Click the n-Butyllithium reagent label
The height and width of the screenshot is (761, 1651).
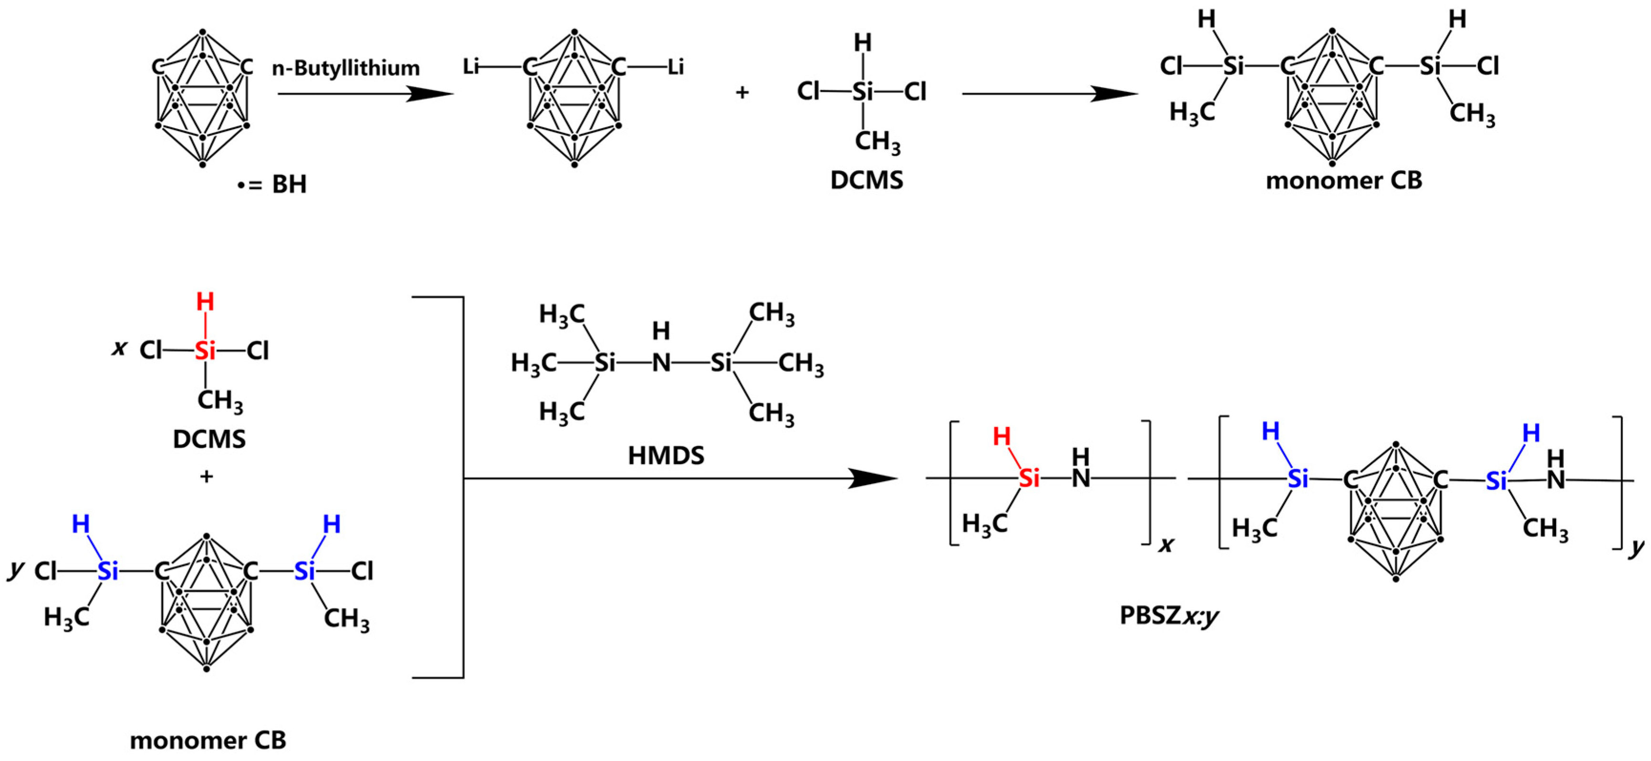346,68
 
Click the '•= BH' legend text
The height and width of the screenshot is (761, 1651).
272,184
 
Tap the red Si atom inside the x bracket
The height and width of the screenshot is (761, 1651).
1029,478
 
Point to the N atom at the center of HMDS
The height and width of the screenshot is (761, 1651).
661,363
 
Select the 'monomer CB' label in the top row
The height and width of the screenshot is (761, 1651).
1344,181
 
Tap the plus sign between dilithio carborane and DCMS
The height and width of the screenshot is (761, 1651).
742,93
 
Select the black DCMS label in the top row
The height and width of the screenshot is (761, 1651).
867,181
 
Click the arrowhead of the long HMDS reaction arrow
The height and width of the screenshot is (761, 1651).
875,478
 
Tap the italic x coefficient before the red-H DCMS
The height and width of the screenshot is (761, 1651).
119,348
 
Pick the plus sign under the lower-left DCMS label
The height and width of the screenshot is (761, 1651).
206,477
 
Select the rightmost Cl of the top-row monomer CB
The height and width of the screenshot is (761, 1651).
1488,66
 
